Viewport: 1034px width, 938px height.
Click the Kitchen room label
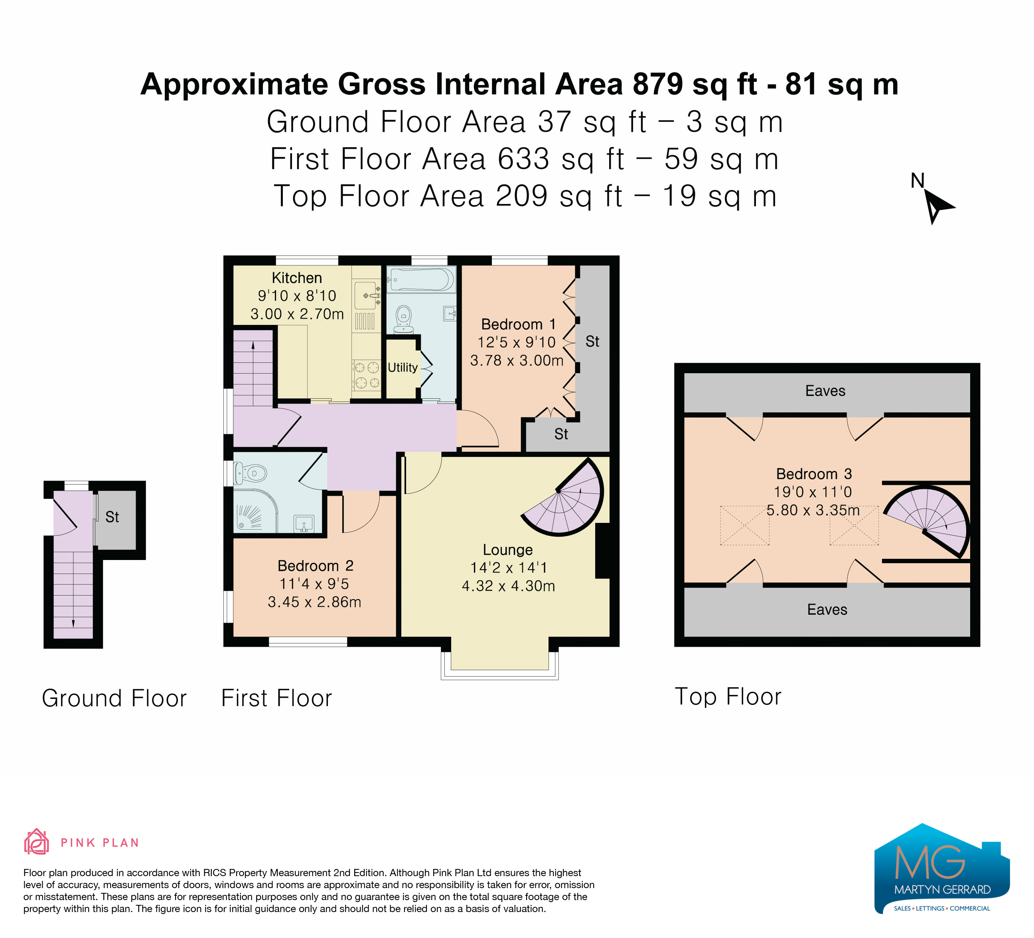pos(297,278)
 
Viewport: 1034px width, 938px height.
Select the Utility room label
pos(403,367)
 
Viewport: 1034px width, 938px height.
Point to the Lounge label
pos(508,550)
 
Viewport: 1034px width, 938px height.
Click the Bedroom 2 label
pos(316,566)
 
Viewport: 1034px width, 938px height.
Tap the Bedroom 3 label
pos(814,474)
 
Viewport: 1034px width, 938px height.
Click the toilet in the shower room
pos(250,473)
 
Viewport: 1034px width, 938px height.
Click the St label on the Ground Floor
pos(112,517)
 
